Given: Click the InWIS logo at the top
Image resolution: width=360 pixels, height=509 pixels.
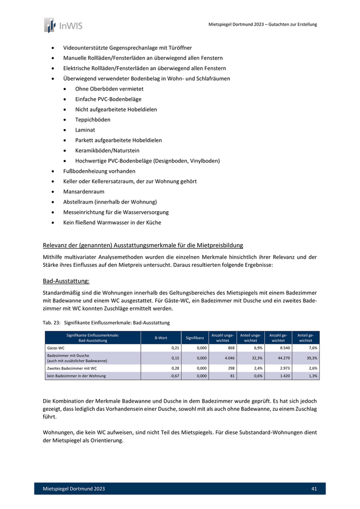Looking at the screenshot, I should click(x=63, y=25).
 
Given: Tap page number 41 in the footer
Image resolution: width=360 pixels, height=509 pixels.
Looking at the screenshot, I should click(x=314, y=488).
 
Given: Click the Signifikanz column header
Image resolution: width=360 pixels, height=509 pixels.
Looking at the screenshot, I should click(x=195, y=338).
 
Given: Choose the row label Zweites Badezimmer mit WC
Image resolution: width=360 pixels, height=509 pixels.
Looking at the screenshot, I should click(x=72, y=368).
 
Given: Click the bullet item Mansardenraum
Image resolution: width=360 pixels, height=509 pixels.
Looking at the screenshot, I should click(x=84, y=191).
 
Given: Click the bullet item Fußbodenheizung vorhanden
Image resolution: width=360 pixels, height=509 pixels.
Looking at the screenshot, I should click(x=99, y=171).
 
